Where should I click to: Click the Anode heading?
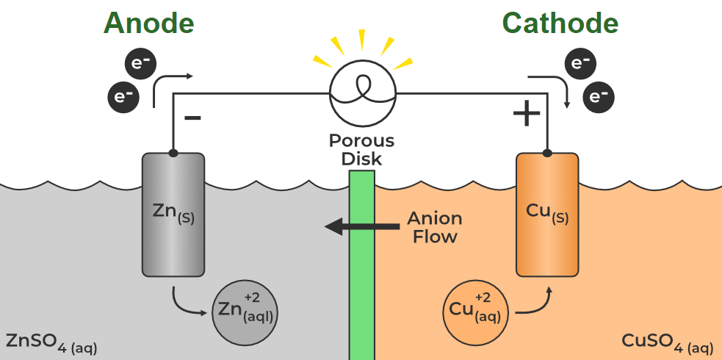click(x=149, y=24)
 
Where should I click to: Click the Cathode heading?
click(x=560, y=24)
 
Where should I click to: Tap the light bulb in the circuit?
click(x=362, y=93)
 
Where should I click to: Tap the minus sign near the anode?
click(x=192, y=118)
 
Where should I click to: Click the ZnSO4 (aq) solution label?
click(x=51, y=342)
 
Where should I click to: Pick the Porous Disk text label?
click(x=361, y=149)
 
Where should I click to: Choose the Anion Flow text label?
click(x=435, y=227)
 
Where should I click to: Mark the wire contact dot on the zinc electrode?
click(x=173, y=153)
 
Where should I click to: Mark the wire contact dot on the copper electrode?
click(x=547, y=153)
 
